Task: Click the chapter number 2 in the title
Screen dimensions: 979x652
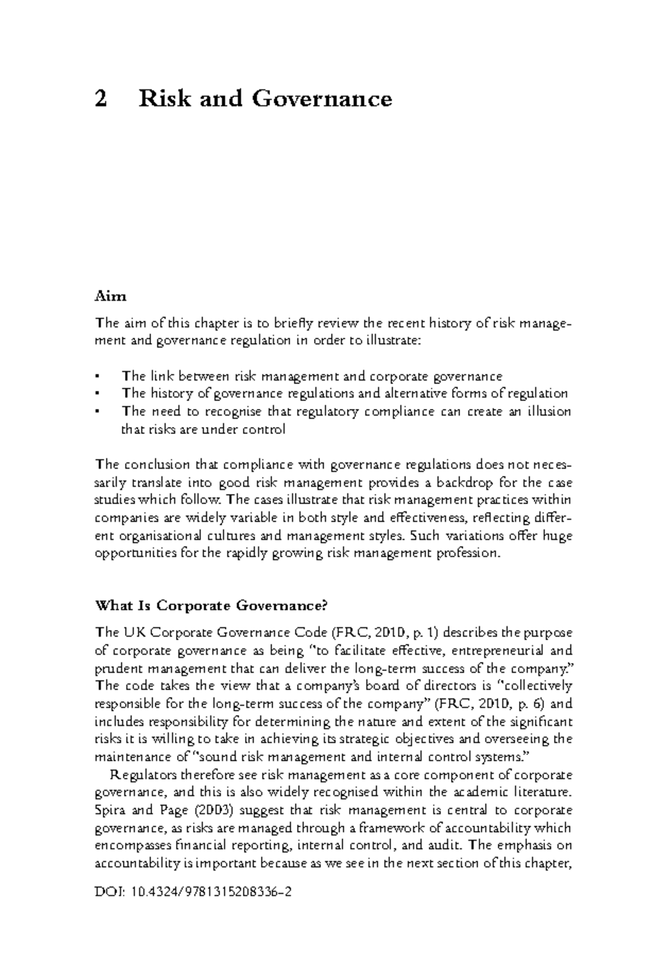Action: pyautogui.click(x=101, y=100)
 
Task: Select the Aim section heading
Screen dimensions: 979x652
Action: pyautogui.click(x=110, y=296)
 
